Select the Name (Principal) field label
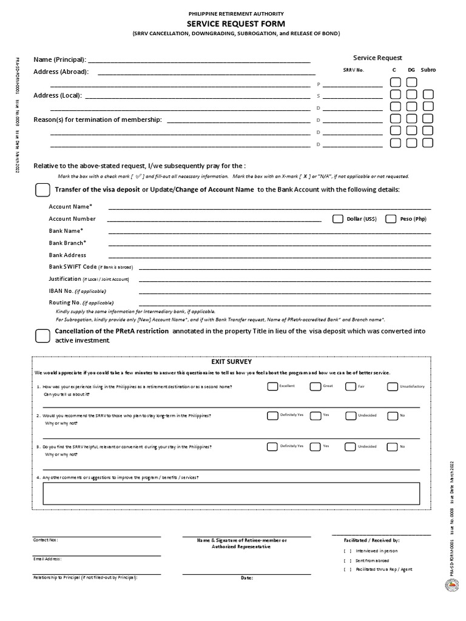coord(59,59)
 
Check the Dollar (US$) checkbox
coord(337,219)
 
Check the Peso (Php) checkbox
coord(391,219)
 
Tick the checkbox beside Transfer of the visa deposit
coord(43,190)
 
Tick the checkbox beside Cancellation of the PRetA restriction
coord(43,335)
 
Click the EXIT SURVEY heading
coord(222,361)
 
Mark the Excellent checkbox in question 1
coord(272,386)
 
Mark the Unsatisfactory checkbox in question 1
coord(392,386)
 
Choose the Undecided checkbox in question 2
coord(351,415)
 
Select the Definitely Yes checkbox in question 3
coord(272,446)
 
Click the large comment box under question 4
coord(231,493)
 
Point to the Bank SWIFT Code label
coord(72,267)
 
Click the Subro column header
coord(428,70)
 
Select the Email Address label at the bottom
coord(47,559)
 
